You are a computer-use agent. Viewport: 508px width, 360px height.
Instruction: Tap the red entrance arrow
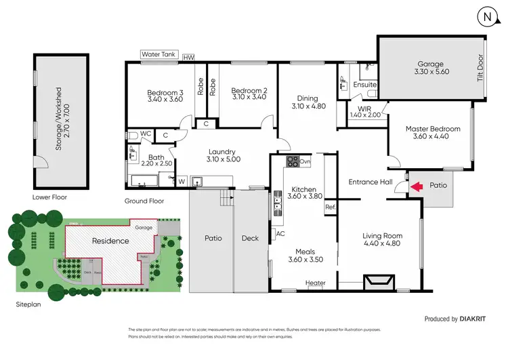coord(417,185)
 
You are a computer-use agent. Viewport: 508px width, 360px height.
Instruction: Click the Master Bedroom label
coord(433,129)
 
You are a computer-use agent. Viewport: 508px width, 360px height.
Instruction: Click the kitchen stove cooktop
coord(293,161)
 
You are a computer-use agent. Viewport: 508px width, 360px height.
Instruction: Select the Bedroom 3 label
coord(167,94)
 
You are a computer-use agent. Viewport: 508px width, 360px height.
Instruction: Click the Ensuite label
coord(365,85)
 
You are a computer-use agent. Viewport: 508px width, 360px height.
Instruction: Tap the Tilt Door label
coord(480,68)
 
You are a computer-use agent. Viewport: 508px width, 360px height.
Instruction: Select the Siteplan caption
coord(30,305)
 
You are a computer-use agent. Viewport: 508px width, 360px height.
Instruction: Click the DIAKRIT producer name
coord(471,318)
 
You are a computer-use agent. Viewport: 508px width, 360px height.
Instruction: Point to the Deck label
coord(250,239)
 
